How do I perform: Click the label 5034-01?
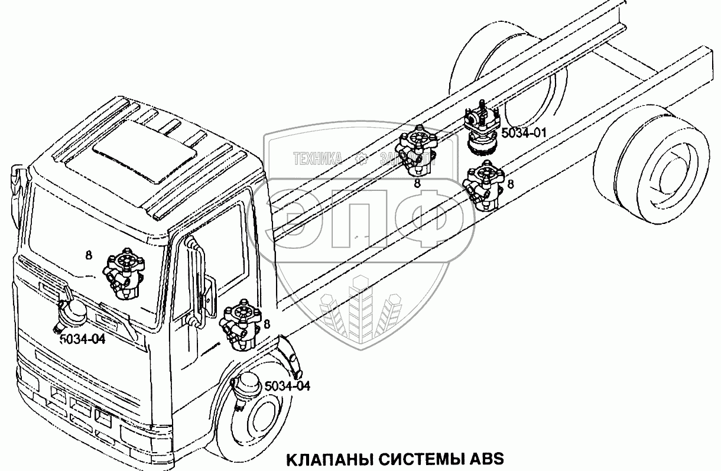[x=523, y=133]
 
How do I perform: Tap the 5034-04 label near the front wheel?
[x=287, y=386]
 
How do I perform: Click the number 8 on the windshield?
[x=88, y=255]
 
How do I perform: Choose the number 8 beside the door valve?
[x=267, y=324]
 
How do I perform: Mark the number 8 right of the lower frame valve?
[x=511, y=184]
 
